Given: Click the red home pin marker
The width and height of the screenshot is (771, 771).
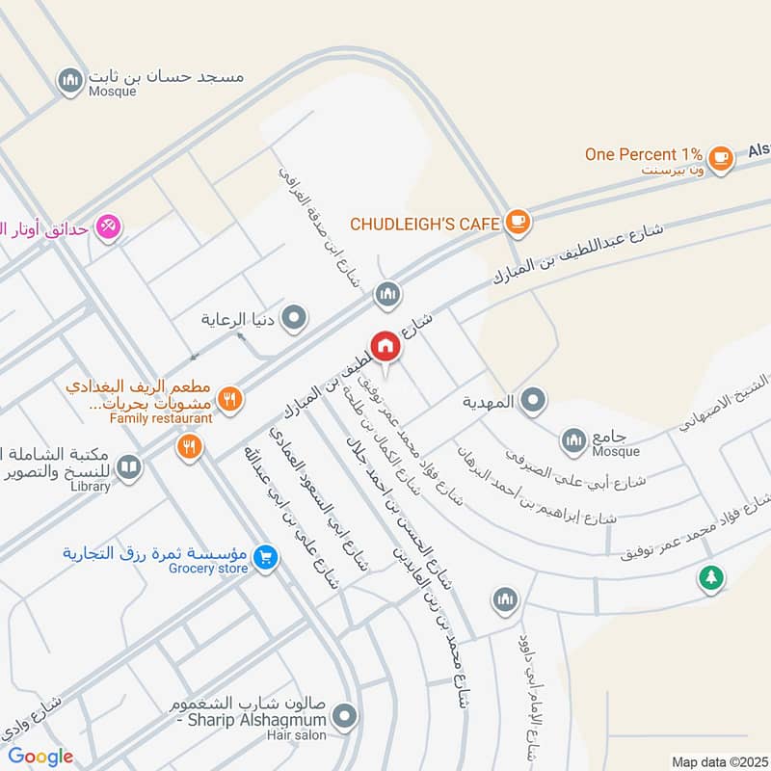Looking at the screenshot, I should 385,347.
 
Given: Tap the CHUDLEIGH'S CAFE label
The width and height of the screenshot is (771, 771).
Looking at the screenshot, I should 424,224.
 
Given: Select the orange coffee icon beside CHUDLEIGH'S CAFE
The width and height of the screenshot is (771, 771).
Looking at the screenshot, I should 518,223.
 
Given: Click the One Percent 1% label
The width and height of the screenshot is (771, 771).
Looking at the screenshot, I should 644,154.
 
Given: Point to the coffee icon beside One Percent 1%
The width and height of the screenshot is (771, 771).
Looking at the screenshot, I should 719,156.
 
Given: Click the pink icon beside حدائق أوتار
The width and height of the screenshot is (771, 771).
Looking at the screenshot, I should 108,227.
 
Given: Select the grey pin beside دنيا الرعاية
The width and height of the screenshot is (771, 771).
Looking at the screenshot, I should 295,317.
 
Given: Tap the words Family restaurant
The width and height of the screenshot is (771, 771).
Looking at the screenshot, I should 161,419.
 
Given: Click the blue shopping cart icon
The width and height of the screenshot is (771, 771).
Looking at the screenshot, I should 267,556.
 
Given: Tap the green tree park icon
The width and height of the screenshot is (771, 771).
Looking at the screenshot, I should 711,578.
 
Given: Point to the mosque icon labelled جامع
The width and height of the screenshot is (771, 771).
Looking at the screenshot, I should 574,439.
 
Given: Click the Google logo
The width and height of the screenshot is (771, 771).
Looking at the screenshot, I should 40,757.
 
